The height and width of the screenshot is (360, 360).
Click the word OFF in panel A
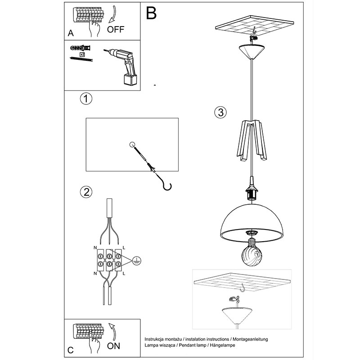click(116, 29)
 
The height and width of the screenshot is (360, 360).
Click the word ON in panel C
click(113, 346)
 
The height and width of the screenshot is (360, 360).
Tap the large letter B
click(151, 13)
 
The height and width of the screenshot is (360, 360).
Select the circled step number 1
click(86, 99)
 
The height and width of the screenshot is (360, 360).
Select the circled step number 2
click(86, 192)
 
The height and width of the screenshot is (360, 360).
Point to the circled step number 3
click(220, 112)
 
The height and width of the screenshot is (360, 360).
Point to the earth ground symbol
click(137, 261)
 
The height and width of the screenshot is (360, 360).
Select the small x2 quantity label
click(82, 54)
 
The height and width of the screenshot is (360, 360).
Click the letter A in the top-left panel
click(71, 33)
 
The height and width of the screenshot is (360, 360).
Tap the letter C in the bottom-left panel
click(71, 350)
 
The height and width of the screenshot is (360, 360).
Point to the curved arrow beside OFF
click(112, 14)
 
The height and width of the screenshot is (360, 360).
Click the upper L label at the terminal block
click(124, 248)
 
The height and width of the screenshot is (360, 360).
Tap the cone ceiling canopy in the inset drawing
click(237, 315)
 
